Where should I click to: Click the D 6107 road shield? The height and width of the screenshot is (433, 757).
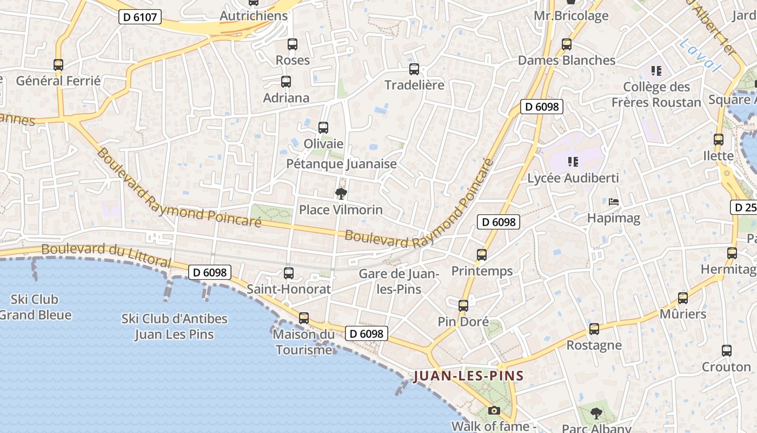click(140, 17)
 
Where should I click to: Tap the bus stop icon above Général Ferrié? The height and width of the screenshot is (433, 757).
click(58, 65)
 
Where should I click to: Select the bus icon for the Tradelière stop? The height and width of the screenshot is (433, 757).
click(414, 69)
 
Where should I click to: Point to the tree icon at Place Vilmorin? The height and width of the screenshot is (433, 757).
click(341, 194)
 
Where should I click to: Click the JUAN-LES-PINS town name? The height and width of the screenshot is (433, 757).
click(469, 376)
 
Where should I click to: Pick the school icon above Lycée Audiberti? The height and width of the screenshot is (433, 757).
click(573, 161)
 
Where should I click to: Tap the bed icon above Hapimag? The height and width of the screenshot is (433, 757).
click(614, 202)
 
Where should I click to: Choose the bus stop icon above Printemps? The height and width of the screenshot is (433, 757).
click(482, 254)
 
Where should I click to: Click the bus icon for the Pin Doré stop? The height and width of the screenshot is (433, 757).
click(463, 306)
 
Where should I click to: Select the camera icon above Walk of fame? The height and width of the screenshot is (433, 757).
click(494, 411)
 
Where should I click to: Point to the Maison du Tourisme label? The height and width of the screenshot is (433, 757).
click(303, 342)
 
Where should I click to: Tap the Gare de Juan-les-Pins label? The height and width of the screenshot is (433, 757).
click(399, 281)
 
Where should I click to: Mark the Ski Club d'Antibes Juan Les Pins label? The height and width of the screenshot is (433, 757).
click(174, 326)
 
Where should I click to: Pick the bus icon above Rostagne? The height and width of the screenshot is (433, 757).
click(594, 329)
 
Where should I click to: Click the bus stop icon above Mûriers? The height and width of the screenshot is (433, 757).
click(683, 298)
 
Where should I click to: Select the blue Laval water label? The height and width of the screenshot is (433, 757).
click(701, 55)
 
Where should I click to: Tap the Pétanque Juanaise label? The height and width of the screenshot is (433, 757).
click(341, 163)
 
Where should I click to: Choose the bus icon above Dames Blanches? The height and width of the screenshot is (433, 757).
click(567, 44)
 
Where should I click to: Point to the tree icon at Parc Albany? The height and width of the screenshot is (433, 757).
click(596, 414)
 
